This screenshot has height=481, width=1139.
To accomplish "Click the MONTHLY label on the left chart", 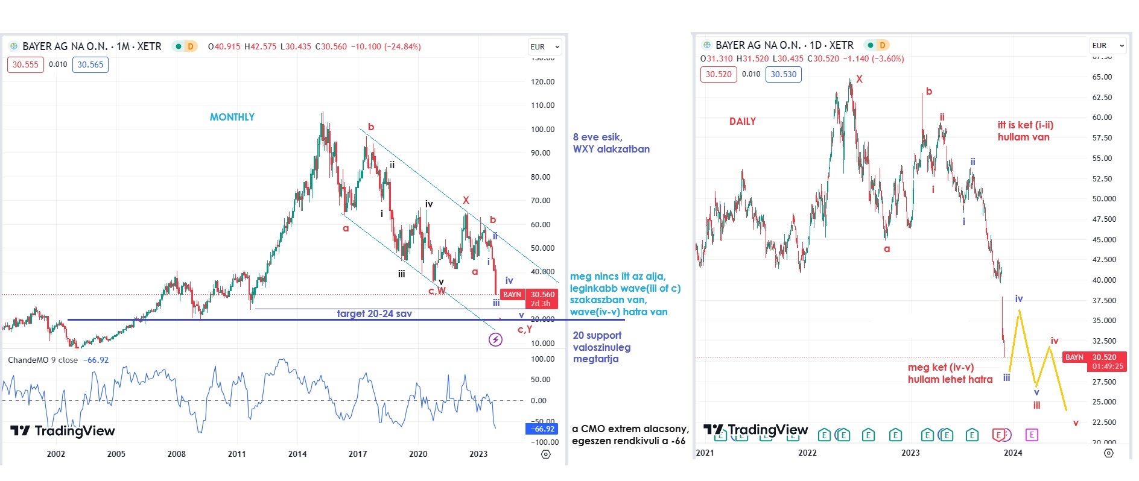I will coord(232,117).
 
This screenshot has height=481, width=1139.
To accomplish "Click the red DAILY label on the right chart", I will coord(742,121).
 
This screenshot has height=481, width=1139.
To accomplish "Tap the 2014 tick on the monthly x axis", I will coord(297,454).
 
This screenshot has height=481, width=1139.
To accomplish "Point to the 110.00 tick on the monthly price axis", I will coord(542,105).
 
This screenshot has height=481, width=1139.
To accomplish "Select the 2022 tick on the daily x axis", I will coord(807,453).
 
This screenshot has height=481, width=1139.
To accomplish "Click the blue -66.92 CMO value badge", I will coord(542,429).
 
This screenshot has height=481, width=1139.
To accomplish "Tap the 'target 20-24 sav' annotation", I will coord(374,313).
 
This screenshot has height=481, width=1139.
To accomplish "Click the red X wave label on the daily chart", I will coord(860,80).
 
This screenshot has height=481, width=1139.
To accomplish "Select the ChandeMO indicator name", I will coord(30,360).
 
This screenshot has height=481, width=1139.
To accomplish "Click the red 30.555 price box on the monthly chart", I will coord(25,64).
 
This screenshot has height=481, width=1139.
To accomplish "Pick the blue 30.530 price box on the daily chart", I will coord(783,74).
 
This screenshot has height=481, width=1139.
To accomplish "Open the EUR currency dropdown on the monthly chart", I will coord(545,47).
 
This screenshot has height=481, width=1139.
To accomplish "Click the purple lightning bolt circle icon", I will coord(495,340).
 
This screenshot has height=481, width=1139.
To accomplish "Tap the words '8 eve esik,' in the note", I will coord(597,137).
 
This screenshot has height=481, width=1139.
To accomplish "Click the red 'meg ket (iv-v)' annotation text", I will coord(941,367).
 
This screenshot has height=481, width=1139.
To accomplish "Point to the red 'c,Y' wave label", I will coord(525,329).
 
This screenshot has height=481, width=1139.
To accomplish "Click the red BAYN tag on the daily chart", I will coord(1074,357).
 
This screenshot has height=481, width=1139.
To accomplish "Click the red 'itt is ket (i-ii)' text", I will coord(1025,125).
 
